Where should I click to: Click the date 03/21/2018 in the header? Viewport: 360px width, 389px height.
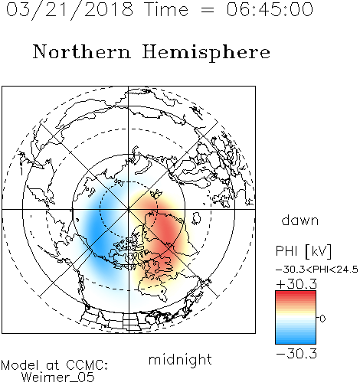point(70,10)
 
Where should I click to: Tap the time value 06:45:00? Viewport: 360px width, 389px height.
point(270,9)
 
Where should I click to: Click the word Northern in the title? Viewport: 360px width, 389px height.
point(82,52)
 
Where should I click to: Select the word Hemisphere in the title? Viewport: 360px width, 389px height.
point(206,53)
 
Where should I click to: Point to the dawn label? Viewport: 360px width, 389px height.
point(300,220)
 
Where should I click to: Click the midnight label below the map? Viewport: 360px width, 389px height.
point(180,360)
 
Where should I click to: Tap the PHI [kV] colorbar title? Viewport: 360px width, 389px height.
point(304,251)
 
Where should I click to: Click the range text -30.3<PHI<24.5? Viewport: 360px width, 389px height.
point(317,270)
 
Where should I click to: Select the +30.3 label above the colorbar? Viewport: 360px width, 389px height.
point(296,284)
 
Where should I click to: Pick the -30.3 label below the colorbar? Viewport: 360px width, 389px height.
point(296,354)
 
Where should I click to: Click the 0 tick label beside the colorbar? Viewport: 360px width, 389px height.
point(322,319)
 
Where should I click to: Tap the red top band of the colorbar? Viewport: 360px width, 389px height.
point(296,293)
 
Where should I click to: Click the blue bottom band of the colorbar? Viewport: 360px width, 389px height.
point(296,341)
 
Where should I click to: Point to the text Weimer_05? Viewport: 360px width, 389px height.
point(58,378)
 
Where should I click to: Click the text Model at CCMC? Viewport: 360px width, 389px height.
point(54,365)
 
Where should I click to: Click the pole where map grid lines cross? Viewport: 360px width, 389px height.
point(129,209)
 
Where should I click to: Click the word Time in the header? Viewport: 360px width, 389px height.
point(166,10)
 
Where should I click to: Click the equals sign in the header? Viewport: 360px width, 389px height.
point(207,10)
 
